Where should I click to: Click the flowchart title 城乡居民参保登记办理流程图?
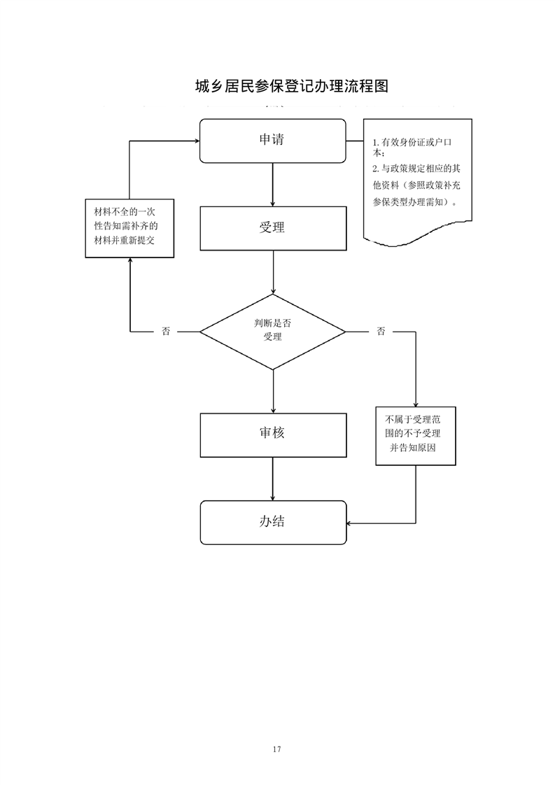pos(290,86)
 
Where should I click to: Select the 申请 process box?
pos(272,141)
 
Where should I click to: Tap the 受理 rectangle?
pos(272,228)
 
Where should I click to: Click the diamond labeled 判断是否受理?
pos(272,331)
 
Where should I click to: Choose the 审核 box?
pos(272,434)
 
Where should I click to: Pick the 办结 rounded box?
pos(272,522)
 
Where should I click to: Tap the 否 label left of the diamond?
pos(166,332)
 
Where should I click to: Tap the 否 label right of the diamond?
pos(381,332)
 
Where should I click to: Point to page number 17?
pos(277,749)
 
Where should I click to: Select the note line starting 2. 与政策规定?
pos(416,169)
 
